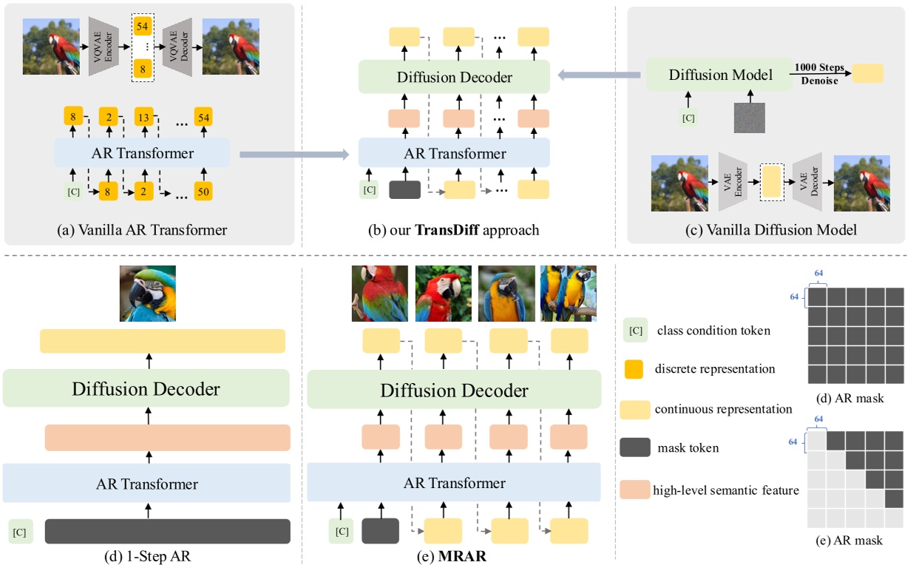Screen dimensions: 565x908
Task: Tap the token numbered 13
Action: point(145,116)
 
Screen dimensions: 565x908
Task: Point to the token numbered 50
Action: point(203,192)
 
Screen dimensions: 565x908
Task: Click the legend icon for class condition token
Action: point(634,331)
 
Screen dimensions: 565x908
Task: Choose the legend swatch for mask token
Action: point(636,447)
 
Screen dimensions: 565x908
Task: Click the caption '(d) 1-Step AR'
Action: point(148,551)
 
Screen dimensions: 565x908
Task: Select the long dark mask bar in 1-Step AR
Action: point(167,531)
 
